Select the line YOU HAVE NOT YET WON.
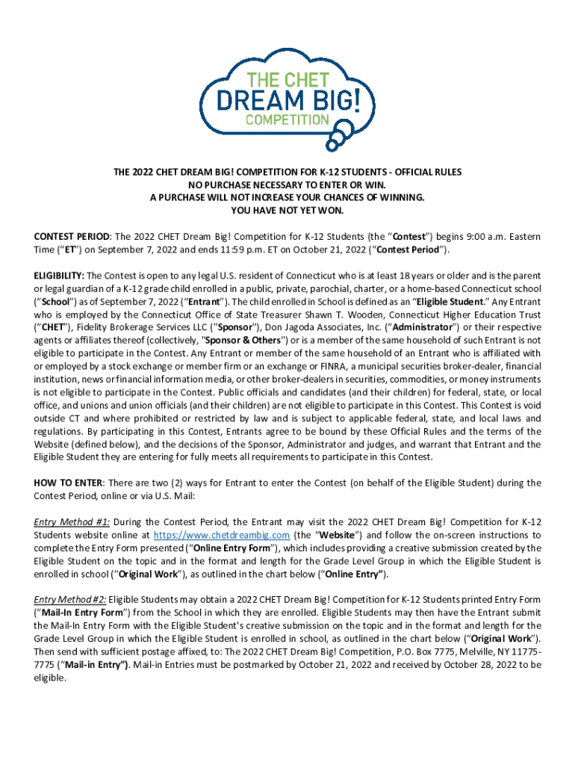[x=287, y=211]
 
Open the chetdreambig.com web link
[x=222, y=535]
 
